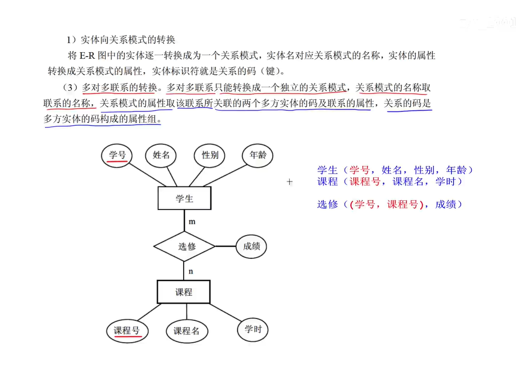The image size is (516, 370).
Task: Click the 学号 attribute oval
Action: [117, 155]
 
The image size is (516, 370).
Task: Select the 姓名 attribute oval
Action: [161, 155]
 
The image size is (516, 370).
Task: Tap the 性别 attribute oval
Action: [210, 155]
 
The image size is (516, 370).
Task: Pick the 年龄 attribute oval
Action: [257, 155]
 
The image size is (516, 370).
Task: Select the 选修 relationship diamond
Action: [184, 246]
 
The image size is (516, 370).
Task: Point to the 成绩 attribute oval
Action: [251, 246]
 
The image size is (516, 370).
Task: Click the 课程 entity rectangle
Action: [183, 292]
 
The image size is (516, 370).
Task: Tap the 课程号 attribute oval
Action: [126, 330]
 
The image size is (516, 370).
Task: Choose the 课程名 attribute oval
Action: [186, 331]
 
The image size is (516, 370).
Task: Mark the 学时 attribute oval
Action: [253, 329]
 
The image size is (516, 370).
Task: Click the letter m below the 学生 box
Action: [192, 221]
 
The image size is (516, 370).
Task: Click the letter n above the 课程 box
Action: [191, 271]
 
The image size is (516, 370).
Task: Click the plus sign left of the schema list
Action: [289, 182]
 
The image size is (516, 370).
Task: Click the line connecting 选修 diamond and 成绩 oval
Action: [225, 246]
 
